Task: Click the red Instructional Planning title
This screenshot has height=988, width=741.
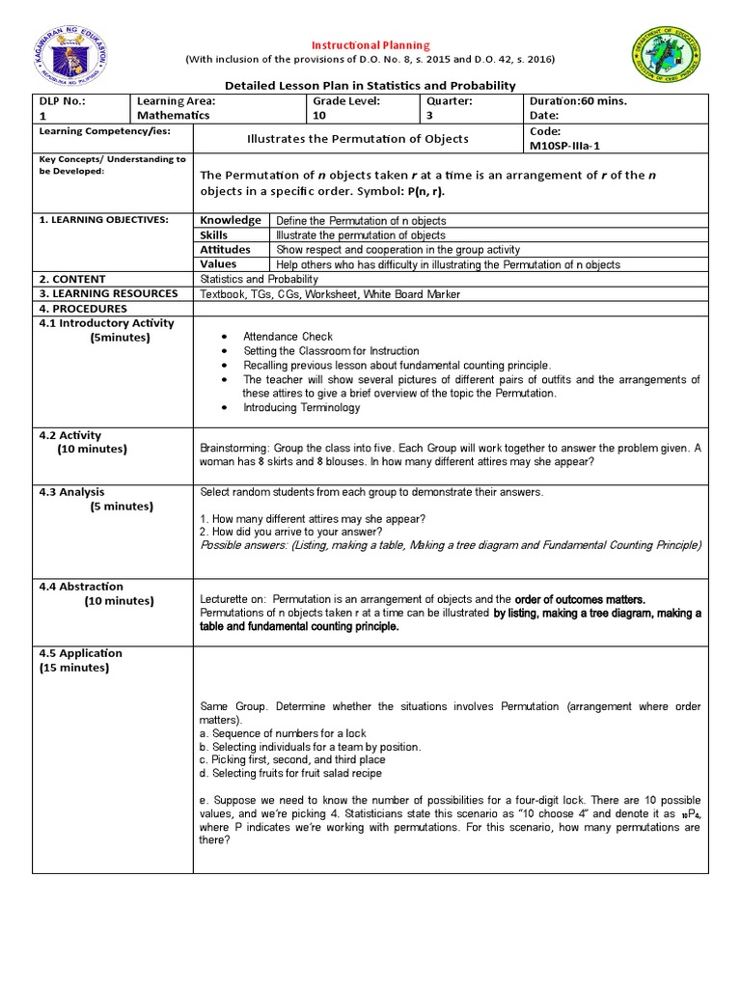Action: point(370,45)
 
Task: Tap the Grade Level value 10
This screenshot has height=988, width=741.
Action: point(318,114)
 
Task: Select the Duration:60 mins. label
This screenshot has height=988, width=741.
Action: point(577,100)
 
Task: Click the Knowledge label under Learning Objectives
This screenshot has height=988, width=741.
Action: point(231,220)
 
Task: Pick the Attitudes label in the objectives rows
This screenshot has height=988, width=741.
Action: point(225,249)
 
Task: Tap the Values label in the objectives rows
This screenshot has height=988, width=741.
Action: point(218,263)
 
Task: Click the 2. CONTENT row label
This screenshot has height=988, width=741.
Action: point(72,278)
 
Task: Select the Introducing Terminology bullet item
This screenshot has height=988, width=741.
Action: point(301,407)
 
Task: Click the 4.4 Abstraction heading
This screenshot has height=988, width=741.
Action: point(81,586)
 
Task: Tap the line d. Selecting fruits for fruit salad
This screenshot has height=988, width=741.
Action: point(290,773)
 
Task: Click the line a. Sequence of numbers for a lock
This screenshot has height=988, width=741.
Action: point(281,733)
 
